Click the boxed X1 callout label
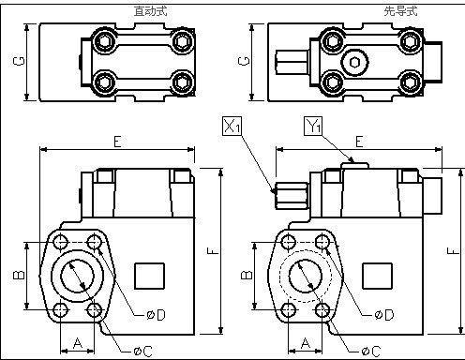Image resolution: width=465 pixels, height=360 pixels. pos(232,126)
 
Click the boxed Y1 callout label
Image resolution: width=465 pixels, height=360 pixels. pos(313,126)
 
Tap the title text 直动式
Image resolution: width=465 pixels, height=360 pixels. pos(151,11)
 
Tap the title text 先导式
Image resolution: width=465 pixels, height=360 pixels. pos(400,11)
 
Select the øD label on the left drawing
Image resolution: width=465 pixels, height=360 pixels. pos(156,315)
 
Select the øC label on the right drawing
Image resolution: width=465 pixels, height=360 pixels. pos(371,352)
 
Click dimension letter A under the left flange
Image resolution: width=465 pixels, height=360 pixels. pos(78,343)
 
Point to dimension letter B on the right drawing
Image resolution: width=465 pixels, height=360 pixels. pos(247,275)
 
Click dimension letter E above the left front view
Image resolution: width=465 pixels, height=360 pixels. pos(117,142)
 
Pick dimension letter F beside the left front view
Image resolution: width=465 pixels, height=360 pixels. pos(213,250)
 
